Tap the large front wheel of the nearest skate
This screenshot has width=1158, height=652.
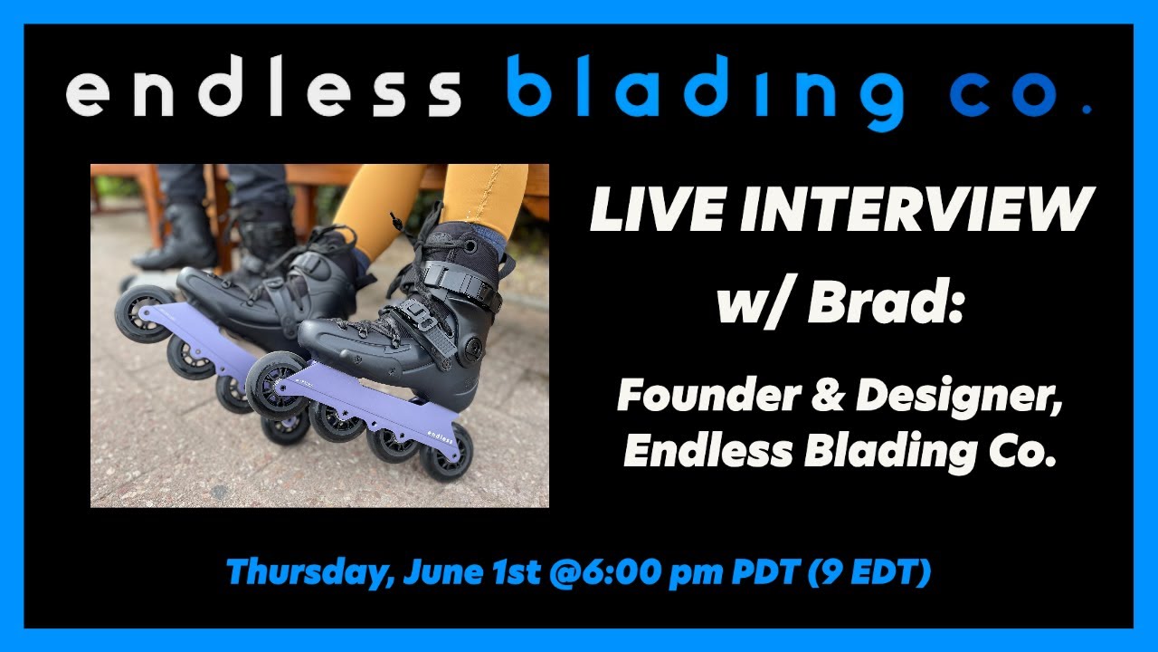click(277, 384)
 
